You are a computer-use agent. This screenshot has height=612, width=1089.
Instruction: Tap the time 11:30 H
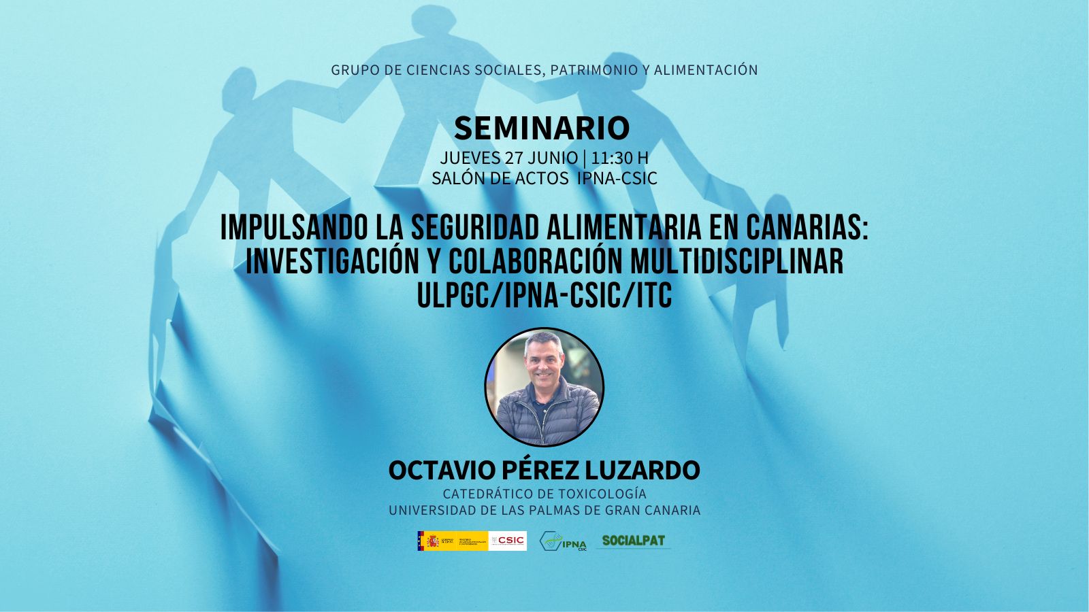tap(619, 158)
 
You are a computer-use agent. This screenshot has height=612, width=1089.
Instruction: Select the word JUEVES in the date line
tap(470, 158)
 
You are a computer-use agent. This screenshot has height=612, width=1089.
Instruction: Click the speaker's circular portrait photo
tap(544, 387)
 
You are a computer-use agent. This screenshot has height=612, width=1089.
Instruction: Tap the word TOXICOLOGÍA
tap(602, 494)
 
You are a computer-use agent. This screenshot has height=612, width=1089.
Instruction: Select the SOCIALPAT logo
tap(634, 541)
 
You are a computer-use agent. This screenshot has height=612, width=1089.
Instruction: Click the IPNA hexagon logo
tap(562, 541)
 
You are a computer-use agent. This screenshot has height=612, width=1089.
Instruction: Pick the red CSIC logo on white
tap(508, 541)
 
